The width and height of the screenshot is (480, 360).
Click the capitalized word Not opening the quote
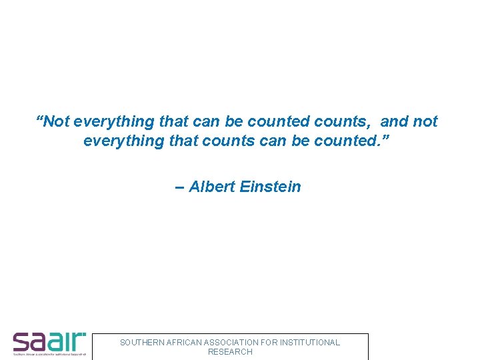click(x=57, y=121)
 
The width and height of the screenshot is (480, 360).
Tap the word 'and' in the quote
click(x=394, y=121)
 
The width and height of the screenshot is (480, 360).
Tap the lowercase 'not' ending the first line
click(x=425, y=121)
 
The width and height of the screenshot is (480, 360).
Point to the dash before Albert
click(x=179, y=187)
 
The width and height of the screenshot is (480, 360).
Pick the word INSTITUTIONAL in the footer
click(x=309, y=343)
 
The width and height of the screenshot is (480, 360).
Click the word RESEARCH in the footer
click(x=230, y=352)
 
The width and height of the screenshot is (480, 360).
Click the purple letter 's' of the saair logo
click(x=21, y=343)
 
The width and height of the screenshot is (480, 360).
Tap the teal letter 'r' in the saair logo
click(x=79, y=343)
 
